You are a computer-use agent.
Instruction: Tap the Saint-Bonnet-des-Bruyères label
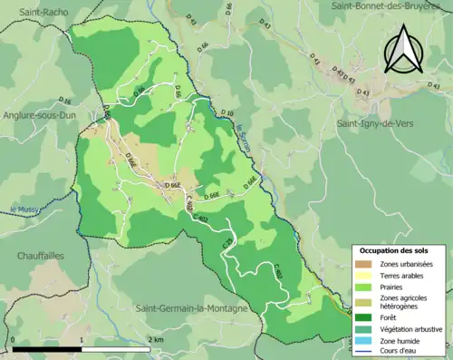(390, 6)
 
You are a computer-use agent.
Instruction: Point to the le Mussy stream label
(21, 209)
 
